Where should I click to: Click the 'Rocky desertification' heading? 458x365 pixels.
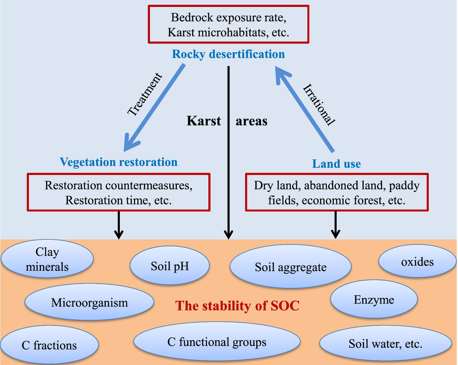[x=228, y=54]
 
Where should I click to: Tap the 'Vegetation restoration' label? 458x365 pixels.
[x=119, y=162]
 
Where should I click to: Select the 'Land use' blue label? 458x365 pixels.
[x=337, y=164]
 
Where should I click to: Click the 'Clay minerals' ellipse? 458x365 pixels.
[x=47, y=258]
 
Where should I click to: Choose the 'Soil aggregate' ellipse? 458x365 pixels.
[x=290, y=266]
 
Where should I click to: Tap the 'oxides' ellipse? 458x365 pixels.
[x=417, y=261]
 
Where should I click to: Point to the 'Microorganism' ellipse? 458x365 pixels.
[x=89, y=302]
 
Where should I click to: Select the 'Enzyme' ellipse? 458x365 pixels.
[x=374, y=299]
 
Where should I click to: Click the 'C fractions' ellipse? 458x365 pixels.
[x=49, y=344]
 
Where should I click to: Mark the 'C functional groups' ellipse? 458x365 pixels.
[x=217, y=341]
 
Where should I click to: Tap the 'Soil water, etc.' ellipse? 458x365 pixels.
[x=385, y=343]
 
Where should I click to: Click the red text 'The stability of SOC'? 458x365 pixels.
[x=237, y=305]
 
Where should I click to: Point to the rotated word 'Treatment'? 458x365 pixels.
[x=145, y=95]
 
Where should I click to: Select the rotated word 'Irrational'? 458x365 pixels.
[x=319, y=105]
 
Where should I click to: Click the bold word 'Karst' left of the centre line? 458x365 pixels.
[x=204, y=121]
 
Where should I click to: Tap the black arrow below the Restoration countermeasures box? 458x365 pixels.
[x=119, y=225]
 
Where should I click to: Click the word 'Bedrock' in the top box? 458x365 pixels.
[x=192, y=18]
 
